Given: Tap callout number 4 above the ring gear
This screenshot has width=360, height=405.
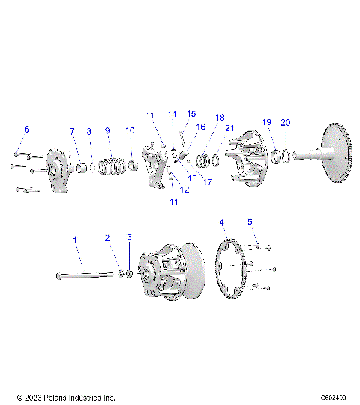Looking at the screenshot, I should point(221,223).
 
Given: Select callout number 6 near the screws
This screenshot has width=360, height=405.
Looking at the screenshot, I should point(26,130).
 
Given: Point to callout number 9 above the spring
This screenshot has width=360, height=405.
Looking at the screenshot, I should point(107,131).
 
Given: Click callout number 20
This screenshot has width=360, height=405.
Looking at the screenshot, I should point(285,122).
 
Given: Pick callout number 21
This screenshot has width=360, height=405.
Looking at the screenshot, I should point(230,128).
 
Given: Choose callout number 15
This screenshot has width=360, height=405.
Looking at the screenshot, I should point(191,114).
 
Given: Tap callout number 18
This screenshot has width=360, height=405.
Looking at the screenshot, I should point(220,118).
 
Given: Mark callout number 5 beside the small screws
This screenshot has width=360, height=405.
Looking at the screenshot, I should point(251,222).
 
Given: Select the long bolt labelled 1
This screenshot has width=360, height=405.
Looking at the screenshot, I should point(82,274).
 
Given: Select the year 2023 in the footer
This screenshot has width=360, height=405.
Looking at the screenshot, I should point(34,396).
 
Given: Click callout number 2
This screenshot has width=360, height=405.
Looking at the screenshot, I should point(107,238).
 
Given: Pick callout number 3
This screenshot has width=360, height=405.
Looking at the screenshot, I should point(129,238).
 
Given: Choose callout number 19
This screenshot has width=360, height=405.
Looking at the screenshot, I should point(265,122).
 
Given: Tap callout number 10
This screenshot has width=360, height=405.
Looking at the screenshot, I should point(130,131).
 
